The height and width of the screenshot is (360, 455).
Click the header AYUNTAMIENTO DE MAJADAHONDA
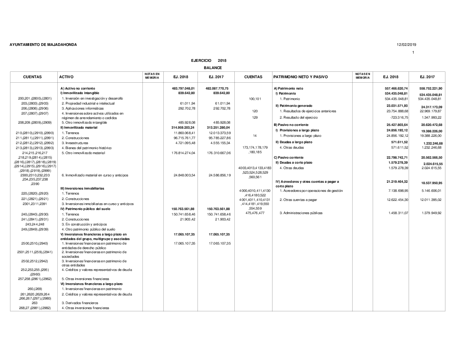point(43,45)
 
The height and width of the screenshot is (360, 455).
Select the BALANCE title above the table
point(212,67)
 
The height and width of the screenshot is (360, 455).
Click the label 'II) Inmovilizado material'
point(79,128)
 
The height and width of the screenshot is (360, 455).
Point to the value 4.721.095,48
point(184,143)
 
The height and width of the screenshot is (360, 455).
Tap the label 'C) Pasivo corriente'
point(288,157)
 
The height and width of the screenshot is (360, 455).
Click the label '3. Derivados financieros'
point(80,302)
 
